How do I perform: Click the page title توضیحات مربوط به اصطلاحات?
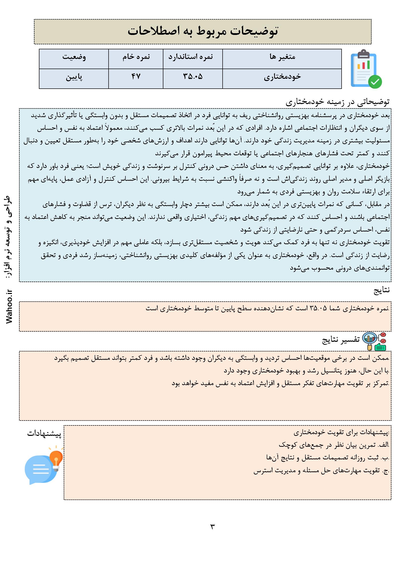coord(203,31)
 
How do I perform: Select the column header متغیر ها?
coord(282,57)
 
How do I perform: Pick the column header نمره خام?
coord(136,57)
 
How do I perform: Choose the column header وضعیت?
coord(74,57)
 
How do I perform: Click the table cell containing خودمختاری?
coord(282,77)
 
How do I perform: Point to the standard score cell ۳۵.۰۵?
coord(193,77)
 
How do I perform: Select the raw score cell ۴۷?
coord(136,77)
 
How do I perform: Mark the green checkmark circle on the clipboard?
coord(375,82)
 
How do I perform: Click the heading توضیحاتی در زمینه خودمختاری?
coord(338,102)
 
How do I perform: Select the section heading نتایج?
coord(382,290)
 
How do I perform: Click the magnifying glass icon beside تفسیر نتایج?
coord(369,340)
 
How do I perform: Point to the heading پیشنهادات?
coord(44,434)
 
